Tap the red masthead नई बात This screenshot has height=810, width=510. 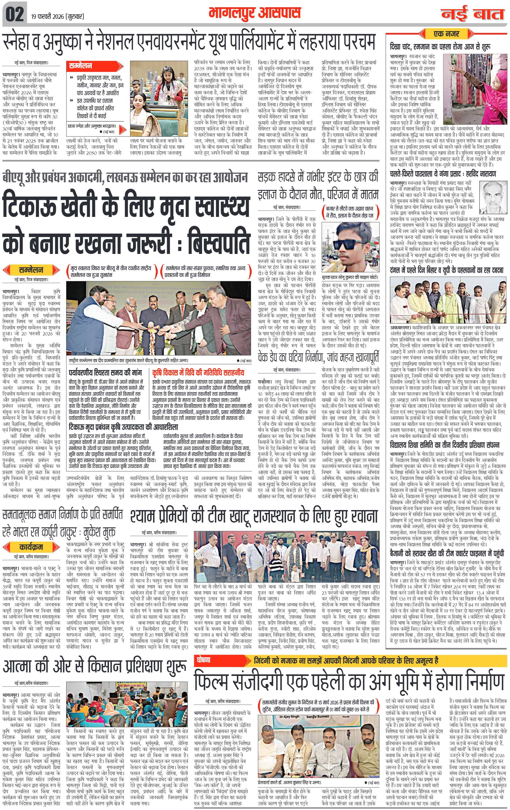coord(473,14)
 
